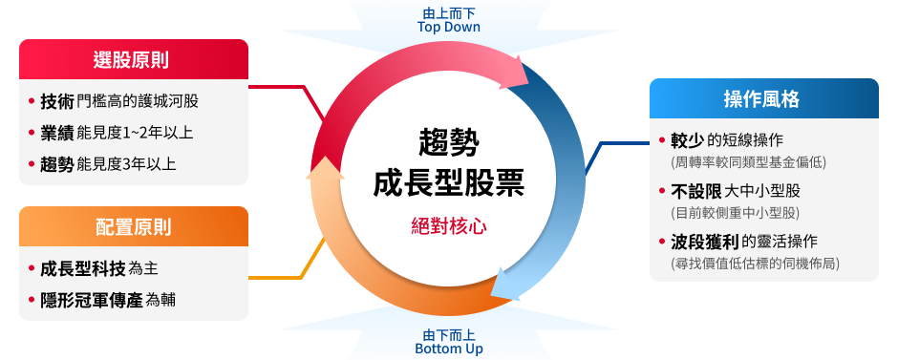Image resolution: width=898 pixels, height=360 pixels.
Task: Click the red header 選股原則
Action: coord(133,59)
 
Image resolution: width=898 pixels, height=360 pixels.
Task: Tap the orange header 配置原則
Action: coord(133,227)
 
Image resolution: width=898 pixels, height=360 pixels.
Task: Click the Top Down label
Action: coord(448,27)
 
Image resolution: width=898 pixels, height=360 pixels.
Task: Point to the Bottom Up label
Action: coord(448,349)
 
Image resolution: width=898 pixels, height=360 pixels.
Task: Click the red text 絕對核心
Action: coord(448,226)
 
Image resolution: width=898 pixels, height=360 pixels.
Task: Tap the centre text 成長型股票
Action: coord(448,181)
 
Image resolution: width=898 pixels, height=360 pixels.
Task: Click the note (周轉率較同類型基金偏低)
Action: coord(748,162)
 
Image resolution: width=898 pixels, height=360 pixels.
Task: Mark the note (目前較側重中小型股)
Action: coord(735,212)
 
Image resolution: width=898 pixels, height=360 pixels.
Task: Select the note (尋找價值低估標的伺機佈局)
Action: coord(760,262)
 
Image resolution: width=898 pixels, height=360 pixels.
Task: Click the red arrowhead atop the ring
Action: coord(517,73)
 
